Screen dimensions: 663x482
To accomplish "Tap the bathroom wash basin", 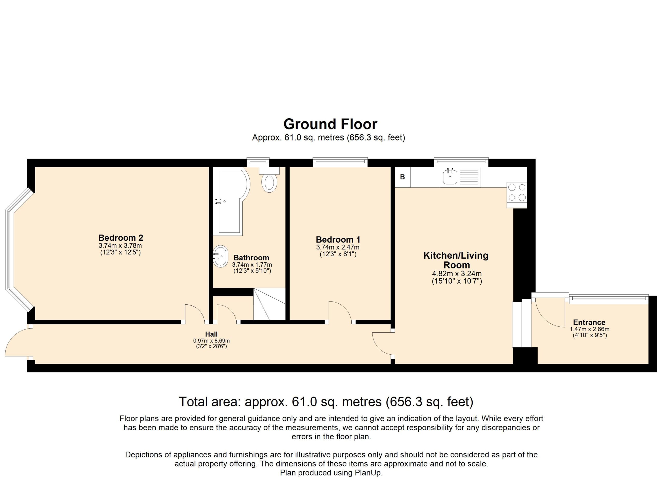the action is click(x=220, y=256).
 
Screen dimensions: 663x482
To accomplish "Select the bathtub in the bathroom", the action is click(x=232, y=201).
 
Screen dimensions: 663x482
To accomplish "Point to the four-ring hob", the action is click(x=517, y=193).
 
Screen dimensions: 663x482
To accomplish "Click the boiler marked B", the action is click(x=402, y=177).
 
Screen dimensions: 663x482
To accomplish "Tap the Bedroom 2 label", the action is click(x=121, y=238).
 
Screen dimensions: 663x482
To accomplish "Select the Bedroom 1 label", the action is click(x=338, y=239).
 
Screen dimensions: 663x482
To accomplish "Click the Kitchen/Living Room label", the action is click(x=456, y=260).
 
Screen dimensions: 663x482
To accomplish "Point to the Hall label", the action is click(x=211, y=334).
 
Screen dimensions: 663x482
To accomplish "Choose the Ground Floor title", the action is click(x=330, y=124).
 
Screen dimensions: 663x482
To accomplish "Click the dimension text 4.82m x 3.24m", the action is click(x=457, y=274).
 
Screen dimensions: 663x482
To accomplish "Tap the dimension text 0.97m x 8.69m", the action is click(x=211, y=341).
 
